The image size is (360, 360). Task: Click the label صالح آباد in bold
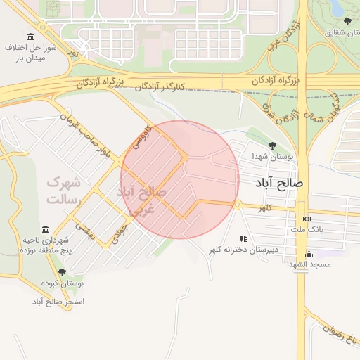click(x=278, y=183)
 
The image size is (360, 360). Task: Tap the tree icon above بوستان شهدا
click(x=272, y=146)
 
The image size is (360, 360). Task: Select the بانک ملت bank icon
click(x=306, y=218)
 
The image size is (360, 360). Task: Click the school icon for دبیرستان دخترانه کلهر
click(x=243, y=239)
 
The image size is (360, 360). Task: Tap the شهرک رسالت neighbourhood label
click(x=64, y=191)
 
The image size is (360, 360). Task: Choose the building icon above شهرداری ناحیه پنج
click(x=46, y=229)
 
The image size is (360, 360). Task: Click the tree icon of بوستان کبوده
click(x=62, y=272)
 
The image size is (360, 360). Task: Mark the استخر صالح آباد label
click(x=58, y=302)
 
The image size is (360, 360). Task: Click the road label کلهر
click(x=264, y=209)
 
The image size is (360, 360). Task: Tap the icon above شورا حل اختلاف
click(x=30, y=37)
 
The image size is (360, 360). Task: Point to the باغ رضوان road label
click(x=345, y=338)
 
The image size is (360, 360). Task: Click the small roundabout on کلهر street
click(x=238, y=205)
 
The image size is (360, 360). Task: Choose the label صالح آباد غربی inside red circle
click(x=141, y=200)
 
